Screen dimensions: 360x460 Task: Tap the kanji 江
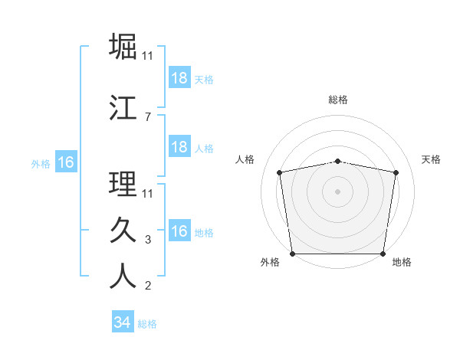pyautogui.click(x=123, y=108)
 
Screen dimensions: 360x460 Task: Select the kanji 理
pyautogui.click(x=123, y=184)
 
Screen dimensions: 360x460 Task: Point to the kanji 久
pyautogui.click(x=123, y=231)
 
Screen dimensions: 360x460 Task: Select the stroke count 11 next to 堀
pyautogui.click(x=148, y=55)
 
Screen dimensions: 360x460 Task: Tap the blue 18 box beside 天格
pyautogui.click(x=179, y=78)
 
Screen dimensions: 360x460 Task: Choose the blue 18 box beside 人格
pyautogui.click(x=179, y=147)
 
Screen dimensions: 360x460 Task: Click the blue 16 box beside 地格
pyautogui.click(x=179, y=231)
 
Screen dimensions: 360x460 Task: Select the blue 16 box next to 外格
pyautogui.click(x=65, y=162)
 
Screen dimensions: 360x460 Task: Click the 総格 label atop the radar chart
pyautogui.click(x=338, y=100)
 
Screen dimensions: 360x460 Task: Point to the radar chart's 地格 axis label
pyautogui.click(x=402, y=262)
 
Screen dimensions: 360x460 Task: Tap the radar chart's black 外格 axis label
pyautogui.click(x=270, y=262)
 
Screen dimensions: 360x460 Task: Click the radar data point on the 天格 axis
pyautogui.click(x=396, y=173)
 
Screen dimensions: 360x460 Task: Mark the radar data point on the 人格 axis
pyautogui.click(x=280, y=173)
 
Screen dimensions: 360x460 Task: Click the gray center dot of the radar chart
pyautogui.click(x=338, y=191)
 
